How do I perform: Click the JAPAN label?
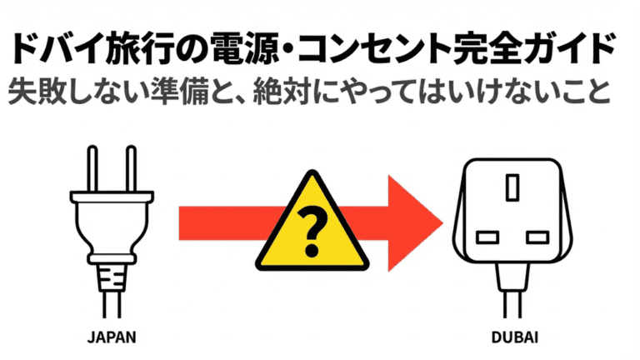tap(111, 338)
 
